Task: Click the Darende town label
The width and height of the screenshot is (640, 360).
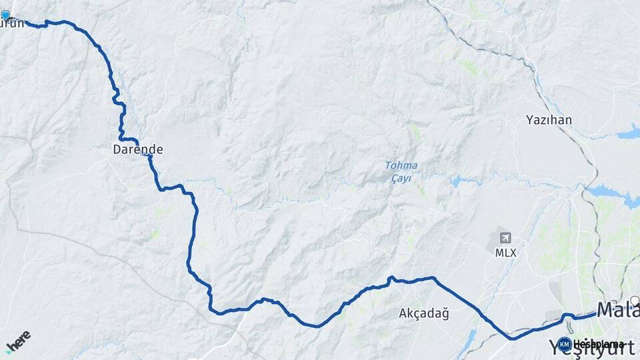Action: tap(138, 150)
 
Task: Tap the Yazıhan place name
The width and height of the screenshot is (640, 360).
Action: tap(549, 120)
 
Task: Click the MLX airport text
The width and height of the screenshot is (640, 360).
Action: tap(505, 253)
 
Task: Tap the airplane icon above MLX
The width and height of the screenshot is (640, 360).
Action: tap(505, 238)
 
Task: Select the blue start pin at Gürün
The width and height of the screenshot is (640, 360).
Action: tap(6, 15)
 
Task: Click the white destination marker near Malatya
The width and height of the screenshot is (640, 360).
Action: tap(635, 301)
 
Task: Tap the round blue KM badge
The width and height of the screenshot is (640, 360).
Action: tap(565, 345)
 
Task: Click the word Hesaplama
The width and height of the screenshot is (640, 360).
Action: tap(598, 345)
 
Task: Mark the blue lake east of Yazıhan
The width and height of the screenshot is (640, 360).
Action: tap(628, 133)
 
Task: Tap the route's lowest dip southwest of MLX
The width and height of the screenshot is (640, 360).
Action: tap(512, 339)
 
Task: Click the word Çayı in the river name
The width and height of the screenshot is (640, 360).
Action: tap(401, 178)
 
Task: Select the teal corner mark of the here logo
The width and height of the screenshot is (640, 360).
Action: tap(8, 349)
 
